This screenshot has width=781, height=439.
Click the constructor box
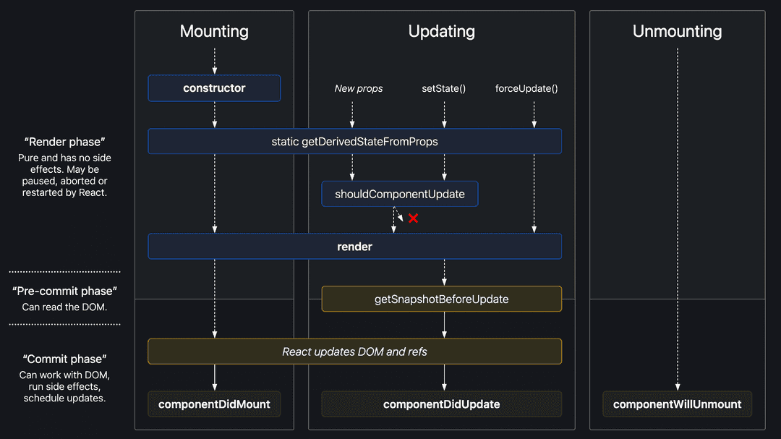[214, 88]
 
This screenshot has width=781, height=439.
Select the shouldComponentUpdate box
[399, 194]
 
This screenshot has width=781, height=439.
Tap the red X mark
[413, 218]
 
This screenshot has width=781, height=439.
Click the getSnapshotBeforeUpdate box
[441, 299]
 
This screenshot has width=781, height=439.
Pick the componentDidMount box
[214, 404]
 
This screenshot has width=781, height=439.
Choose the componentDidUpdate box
[441, 404]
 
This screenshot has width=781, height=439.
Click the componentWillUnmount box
[677, 404]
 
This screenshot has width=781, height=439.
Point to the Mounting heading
[214, 31]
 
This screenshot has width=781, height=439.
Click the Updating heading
[441, 31]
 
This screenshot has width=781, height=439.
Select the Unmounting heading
[677, 31]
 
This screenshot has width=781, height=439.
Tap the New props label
[359, 88]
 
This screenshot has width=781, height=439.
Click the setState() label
[443, 88]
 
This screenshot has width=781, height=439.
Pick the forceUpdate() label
[526, 88]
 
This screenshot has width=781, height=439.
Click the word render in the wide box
[354, 247]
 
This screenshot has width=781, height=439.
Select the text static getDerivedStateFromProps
[354, 141]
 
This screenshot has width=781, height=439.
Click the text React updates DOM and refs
[354, 351]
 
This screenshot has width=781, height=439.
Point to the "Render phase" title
[64, 142]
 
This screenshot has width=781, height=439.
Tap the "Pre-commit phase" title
[64, 291]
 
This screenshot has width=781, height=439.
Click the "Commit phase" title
[64, 359]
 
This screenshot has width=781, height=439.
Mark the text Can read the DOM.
[64, 307]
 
